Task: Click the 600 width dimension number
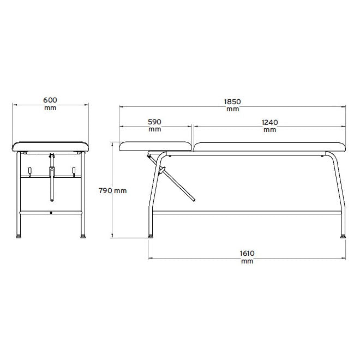[50, 100]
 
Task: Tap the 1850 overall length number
[232, 101]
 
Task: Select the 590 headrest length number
[154, 122]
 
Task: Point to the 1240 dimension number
[270, 122]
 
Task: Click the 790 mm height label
[113, 190]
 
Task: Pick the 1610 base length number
[247, 254]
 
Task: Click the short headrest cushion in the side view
[155, 146]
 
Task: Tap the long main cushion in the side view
[270, 147]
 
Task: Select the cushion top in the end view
[50, 146]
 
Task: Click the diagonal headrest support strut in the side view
[171, 177]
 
